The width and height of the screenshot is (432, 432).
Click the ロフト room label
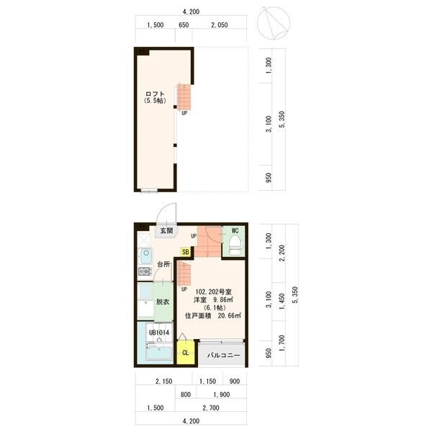tap(155, 94)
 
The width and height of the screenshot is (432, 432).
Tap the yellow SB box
tap(186, 252)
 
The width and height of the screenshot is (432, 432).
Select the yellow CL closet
tap(186, 353)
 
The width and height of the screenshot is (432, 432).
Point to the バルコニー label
tap(223, 355)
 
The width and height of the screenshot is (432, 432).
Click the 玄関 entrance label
tap(167, 230)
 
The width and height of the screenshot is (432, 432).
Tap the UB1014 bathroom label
tap(159, 333)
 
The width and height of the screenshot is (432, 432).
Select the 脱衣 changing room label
tap(163, 302)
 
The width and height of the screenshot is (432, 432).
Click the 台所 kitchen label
tap(163, 264)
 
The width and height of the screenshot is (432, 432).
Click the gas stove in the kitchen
tap(145, 271)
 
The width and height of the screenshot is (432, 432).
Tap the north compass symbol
tap(274, 23)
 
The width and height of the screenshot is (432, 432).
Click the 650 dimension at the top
tap(184, 24)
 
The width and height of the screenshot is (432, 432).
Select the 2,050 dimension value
tap(220, 24)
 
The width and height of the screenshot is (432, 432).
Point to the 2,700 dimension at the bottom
tap(211, 408)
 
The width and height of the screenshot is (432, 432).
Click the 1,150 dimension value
tap(207, 382)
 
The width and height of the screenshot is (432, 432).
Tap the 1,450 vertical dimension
tap(282, 302)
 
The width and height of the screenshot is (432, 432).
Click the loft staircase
tap(184, 96)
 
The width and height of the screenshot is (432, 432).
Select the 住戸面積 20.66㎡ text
tap(213, 316)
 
